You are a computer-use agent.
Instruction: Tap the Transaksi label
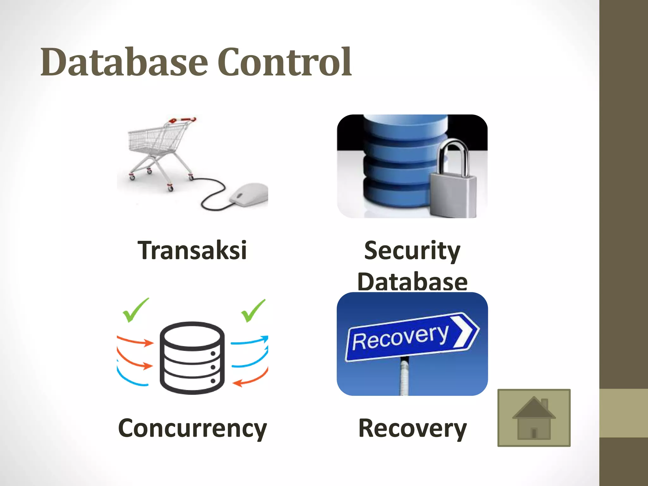[x=192, y=250]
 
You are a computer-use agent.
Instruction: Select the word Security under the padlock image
[x=412, y=251]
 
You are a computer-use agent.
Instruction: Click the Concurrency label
[x=192, y=428]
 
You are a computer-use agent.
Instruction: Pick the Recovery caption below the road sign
[x=412, y=428]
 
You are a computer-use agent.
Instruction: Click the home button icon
[x=534, y=418]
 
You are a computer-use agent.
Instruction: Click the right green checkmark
[x=253, y=311]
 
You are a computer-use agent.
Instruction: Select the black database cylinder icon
[x=192, y=358]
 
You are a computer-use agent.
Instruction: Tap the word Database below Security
[x=412, y=282]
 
